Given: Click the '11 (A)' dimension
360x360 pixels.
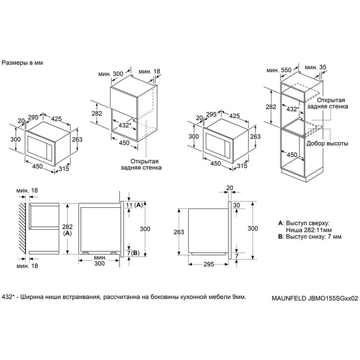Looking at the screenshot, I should (x=133, y=206).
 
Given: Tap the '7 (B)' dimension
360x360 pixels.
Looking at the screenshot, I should (x=133, y=253).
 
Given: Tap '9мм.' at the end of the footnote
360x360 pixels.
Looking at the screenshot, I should (x=235, y=296).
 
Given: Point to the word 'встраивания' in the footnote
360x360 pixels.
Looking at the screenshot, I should (x=81, y=296).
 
